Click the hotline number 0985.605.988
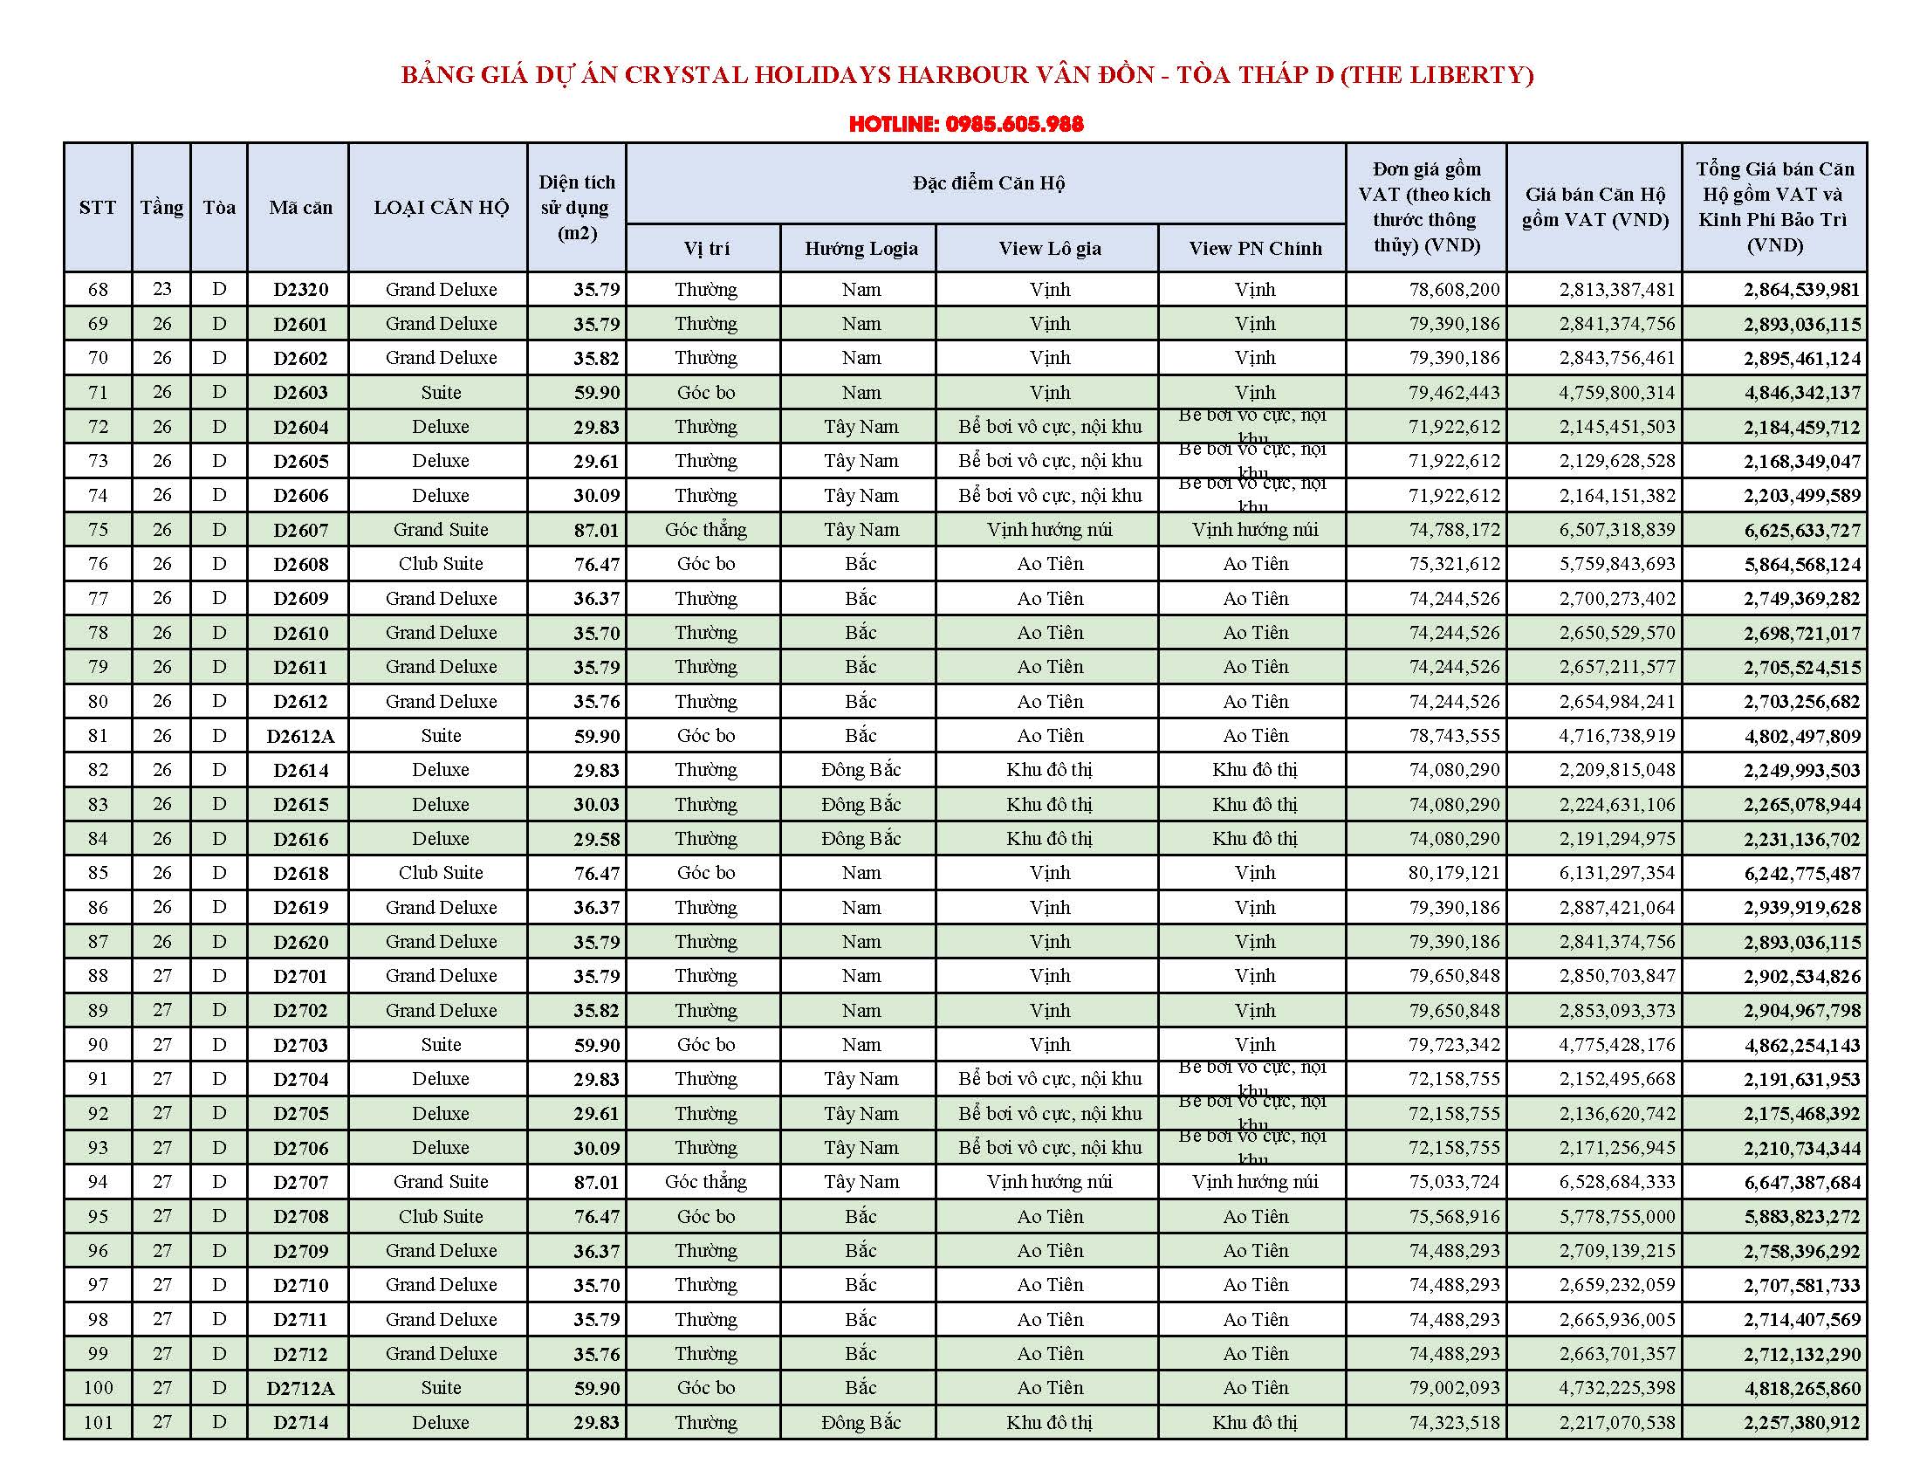[x=1013, y=124]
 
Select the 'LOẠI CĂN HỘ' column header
[x=441, y=208]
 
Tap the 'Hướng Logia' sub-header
[x=861, y=249]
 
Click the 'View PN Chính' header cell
[x=1254, y=249]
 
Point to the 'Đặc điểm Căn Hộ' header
[x=988, y=182]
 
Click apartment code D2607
[x=301, y=530]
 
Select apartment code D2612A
[x=301, y=737]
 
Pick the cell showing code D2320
[x=301, y=290]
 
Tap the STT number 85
[x=98, y=873]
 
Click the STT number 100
[x=98, y=1388]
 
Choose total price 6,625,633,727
[x=1801, y=530]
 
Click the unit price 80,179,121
[x=1454, y=873]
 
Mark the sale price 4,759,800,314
[x=1616, y=393]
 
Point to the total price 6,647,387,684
[x=1801, y=1183]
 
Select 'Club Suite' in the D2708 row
[x=441, y=1217]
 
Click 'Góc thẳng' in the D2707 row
[x=705, y=1183]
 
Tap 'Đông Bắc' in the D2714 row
[x=861, y=1423]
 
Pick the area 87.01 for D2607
[x=596, y=530]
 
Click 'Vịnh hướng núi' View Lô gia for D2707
[x=1050, y=1183]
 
